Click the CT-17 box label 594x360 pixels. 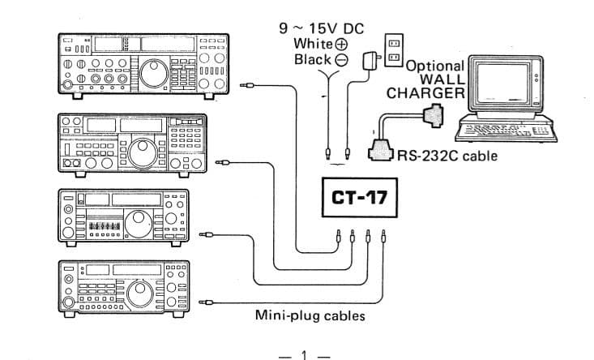[360, 198]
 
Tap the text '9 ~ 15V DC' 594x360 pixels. [321, 28]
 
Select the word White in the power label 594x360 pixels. [313, 43]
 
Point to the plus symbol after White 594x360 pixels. [341, 44]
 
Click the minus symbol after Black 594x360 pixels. [341, 60]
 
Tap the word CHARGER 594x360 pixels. [425, 94]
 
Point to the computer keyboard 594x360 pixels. [503, 131]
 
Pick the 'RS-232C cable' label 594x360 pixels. [447, 155]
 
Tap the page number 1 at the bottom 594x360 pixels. [304, 354]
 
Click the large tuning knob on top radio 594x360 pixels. [152, 75]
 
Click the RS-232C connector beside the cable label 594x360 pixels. [381, 152]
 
